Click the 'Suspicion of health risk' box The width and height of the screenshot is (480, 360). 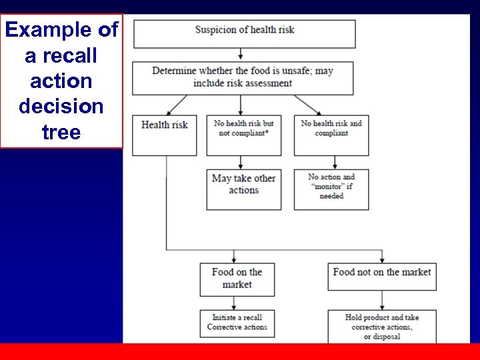tap(244, 33)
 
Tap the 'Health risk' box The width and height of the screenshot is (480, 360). tap(165, 135)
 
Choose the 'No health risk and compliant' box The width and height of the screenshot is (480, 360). tap(331, 135)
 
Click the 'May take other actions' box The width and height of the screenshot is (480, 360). tap(243, 189)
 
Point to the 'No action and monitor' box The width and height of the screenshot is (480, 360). tap(331, 189)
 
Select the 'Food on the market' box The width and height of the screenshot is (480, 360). tap(237, 279)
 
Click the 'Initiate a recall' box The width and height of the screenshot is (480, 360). tap(237, 323)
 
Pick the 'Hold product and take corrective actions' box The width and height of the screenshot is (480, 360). tap(382, 326)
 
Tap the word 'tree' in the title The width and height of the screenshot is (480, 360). tap(61, 132)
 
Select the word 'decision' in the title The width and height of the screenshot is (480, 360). tap(61, 107)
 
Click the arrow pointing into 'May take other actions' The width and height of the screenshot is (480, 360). tap(240, 163)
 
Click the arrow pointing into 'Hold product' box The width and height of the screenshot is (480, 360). tap(382, 303)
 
